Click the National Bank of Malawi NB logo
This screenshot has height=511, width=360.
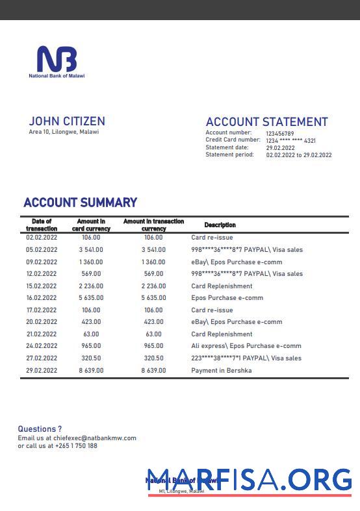click(57, 60)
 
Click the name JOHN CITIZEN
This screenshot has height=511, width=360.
click(67, 121)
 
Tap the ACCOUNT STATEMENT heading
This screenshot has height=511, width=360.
click(266, 122)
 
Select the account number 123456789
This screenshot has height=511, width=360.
click(280, 133)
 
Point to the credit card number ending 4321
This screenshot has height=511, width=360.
click(290, 140)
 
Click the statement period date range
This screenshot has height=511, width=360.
click(298, 155)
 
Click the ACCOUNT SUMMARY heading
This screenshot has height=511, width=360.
click(80, 203)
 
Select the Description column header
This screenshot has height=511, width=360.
click(220, 225)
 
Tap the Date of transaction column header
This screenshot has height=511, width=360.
click(42, 225)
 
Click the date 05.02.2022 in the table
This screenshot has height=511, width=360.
click(42, 250)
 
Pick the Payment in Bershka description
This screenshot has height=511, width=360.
click(221, 371)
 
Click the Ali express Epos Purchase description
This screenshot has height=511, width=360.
click(246, 346)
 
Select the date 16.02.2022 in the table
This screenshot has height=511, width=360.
click(42, 298)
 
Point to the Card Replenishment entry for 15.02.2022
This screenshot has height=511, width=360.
click(222, 286)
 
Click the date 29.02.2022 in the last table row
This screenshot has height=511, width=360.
click(42, 371)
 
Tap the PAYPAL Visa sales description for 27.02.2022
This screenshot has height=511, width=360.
click(246, 358)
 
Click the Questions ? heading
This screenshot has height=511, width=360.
click(40, 429)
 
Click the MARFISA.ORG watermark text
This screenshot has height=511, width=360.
click(250, 480)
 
